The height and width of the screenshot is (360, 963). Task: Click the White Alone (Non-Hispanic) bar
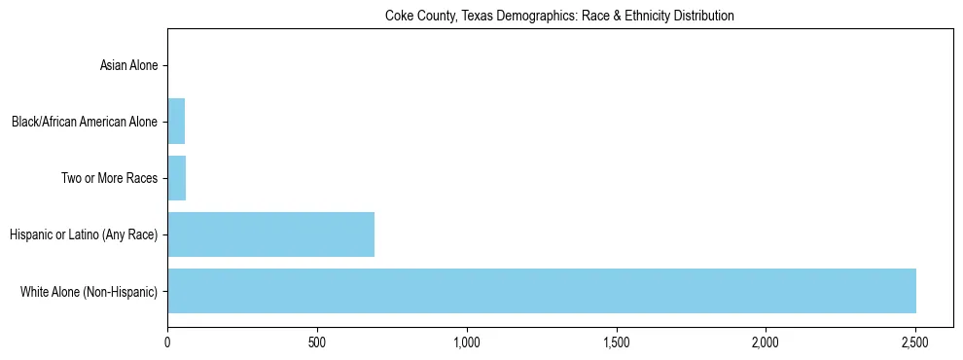point(542,291)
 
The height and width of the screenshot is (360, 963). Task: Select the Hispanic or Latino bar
point(270,234)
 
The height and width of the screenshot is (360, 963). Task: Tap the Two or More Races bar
point(176,178)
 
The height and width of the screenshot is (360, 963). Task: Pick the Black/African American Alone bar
point(176,122)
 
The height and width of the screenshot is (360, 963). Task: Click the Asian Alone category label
point(128,66)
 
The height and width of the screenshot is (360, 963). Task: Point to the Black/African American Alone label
point(84,123)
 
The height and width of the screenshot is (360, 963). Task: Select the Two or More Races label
point(109,179)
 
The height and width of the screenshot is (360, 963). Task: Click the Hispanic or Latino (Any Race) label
point(84,234)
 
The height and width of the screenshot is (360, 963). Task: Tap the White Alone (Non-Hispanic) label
point(89,291)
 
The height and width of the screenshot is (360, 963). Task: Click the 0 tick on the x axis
point(167,342)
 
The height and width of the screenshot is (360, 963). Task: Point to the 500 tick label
point(317,342)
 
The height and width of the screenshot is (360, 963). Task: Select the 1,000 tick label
point(467,342)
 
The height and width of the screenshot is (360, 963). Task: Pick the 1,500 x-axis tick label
point(617,342)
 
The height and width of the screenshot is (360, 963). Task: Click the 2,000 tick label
point(766,342)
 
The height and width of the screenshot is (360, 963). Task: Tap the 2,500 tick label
point(915,342)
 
